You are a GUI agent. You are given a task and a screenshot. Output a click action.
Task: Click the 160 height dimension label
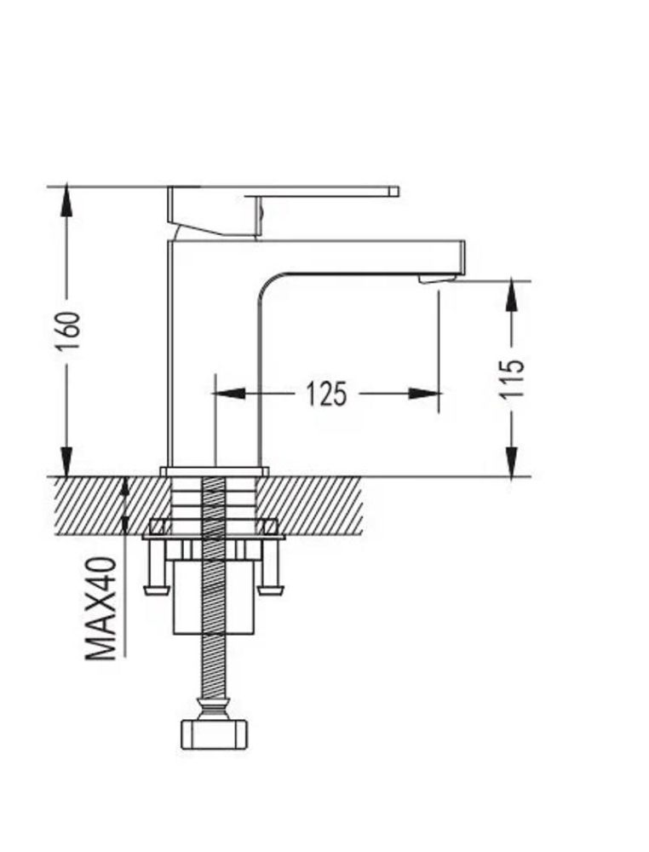click(69, 331)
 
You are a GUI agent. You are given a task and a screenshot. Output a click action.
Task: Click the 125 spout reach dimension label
click(326, 394)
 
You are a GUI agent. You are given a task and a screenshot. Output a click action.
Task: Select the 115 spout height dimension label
click(512, 379)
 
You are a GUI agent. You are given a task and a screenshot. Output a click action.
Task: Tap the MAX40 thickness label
click(101, 608)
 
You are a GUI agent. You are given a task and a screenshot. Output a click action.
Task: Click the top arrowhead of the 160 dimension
click(66, 202)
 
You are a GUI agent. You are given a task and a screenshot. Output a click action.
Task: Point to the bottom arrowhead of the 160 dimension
click(66, 460)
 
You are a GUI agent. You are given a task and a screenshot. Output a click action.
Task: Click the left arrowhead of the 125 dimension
click(230, 393)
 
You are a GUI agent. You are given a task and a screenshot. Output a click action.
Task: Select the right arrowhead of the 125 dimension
click(423, 393)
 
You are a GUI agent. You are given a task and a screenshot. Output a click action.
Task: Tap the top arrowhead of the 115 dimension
click(512, 296)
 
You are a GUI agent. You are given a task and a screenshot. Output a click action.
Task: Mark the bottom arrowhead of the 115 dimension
click(512, 461)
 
